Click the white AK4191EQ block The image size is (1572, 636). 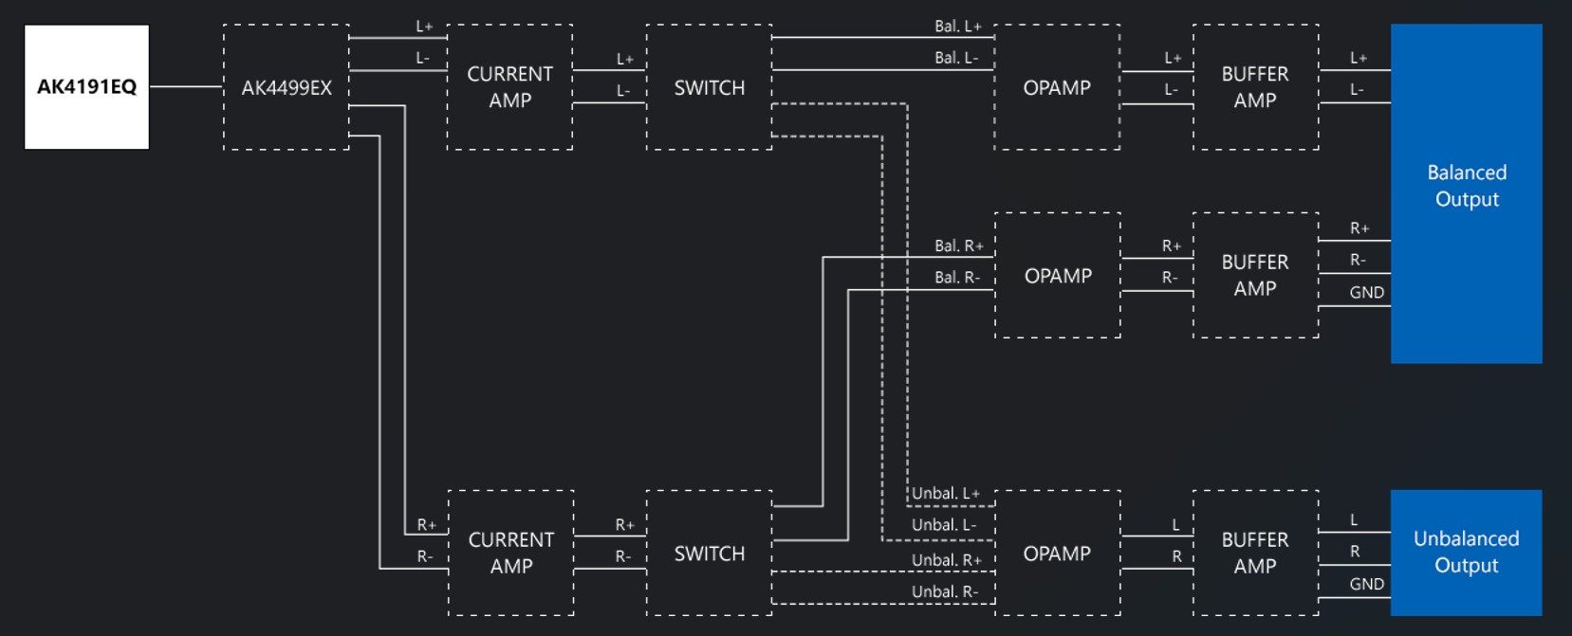click(x=86, y=87)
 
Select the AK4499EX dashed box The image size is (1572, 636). click(x=287, y=87)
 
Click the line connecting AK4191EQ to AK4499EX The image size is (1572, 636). click(x=186, y=86)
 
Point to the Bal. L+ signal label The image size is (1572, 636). click(x=957, y=27)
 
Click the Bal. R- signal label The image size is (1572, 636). click(x=956, y=278)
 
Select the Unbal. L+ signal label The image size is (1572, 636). click(x=946, y=494)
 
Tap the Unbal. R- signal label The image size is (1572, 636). click(x=944, y=592)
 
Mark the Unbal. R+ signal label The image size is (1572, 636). click(x=946, y=560)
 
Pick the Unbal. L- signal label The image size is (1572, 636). click(x=944, y=525)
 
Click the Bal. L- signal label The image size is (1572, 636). click(x=956, y=58)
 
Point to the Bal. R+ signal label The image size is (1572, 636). click(x=958, y=246)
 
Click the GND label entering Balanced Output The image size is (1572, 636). click(x=1366, y=293)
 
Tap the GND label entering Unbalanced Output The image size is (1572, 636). click(x=1366, y=585)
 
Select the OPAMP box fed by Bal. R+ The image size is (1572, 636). click(x=1058, y=276)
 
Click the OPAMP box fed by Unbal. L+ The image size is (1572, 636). click(x=1057, y=554)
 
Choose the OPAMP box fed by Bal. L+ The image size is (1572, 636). click(x=1057, y=87)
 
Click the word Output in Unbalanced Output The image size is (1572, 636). click(x=1466, y=566)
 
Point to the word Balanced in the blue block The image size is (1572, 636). click(x=1466, y=173)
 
